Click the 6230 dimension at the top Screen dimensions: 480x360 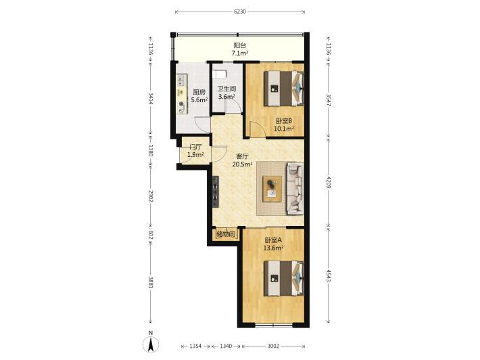[240, 12]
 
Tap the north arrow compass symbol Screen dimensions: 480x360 [151, 344]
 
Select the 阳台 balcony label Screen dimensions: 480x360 [240, 45]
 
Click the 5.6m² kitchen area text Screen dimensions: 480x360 [199, 99]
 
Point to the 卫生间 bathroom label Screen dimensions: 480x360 [226, 89]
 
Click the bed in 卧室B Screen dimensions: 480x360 [284, 88]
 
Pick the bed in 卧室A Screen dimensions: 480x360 [284, 278]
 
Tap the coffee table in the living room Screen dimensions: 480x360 [272, 189]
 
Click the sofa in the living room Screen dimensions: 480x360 [295, 188]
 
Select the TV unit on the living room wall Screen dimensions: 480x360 [216, 192]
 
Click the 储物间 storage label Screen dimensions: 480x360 [226, 235]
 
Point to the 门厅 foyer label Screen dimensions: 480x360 [195, 147]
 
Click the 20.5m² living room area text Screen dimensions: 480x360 [242, 164]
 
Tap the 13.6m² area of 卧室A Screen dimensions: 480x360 [273, 248]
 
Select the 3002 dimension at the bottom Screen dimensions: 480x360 [273, 346]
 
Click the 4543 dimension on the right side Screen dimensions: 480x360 [329, 275]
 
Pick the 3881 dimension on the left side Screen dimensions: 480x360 [150, 282]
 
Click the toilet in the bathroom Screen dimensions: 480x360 [220, 74]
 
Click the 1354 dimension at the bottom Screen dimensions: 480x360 [195, 346]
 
